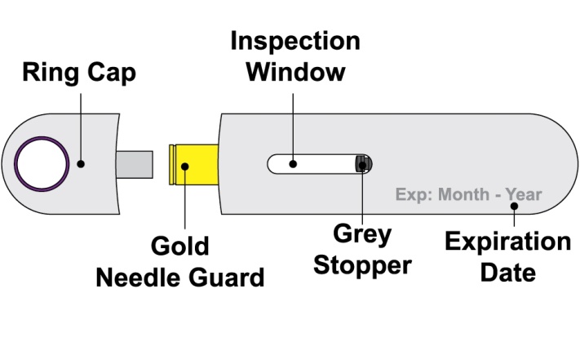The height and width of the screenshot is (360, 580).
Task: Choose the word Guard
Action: click(x=227, y=278)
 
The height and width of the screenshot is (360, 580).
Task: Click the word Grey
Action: click(x=362, y=236)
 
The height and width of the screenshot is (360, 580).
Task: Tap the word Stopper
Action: click(x=363, y=266)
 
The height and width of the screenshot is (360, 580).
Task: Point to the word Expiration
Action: click(x=507, y=242)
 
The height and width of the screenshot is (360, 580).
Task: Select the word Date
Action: click(x=507, y=272)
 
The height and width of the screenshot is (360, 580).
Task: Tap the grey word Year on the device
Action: click(x=523, y=195)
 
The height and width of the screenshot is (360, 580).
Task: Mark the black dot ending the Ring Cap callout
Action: click(x=81, y=163)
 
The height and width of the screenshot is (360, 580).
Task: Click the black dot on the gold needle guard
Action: click(x=185, y=167)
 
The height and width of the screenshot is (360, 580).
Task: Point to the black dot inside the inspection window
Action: click(x=293, y=163)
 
